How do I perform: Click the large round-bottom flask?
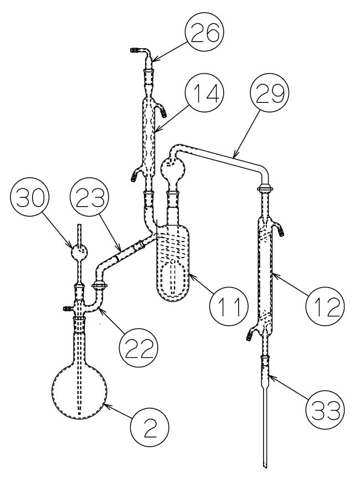pos(79,390)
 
